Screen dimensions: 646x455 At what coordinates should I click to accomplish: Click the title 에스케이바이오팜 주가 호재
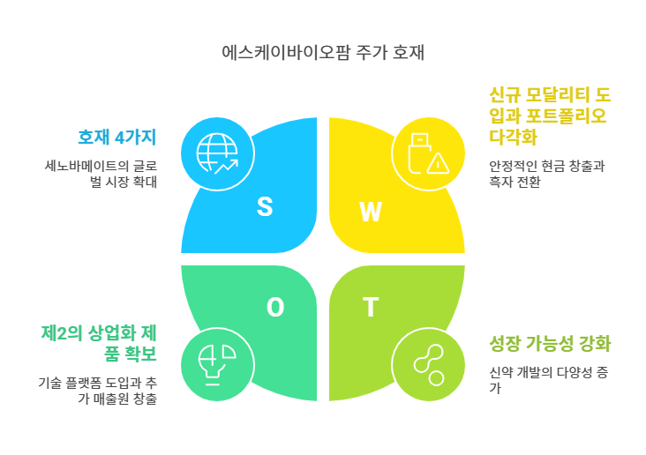pos(324,52)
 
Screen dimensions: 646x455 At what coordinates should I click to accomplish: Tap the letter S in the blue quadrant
pos(265,206)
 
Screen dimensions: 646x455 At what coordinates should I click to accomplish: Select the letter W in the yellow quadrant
pos(371,212)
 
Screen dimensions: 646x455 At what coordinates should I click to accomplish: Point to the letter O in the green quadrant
pos(275,307)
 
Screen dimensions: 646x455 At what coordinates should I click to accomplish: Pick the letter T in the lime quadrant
pos(371,308)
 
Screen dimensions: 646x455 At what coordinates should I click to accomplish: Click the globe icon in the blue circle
pos(217,153)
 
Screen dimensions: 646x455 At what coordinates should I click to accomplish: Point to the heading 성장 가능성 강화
pos(550,343)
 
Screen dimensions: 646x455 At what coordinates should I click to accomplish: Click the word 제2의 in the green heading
pos(61,333)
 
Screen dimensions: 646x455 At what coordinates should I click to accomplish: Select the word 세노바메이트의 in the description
pos(86,165)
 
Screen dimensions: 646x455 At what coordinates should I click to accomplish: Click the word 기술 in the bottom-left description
pos(49,384)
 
